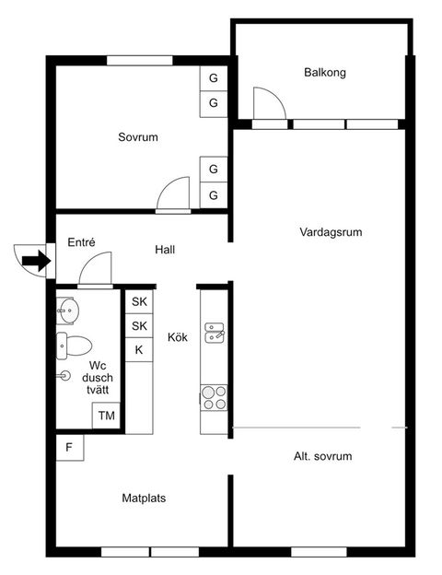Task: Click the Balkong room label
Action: point(325,73)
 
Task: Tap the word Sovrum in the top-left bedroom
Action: point(138,137)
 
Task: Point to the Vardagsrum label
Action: point(331,232)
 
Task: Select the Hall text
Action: point(165,250)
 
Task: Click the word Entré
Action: point(82,242)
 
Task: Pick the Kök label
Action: point(178,338)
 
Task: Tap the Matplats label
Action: point(144,499)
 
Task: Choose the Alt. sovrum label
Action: point(322,456)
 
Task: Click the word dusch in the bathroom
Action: point(97,377)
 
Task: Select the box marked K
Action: point(139,350)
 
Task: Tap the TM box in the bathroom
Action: point(107,417)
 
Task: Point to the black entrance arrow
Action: point(35,261)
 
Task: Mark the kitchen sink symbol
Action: point(215,332)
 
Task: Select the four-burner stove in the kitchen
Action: point(215,397)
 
